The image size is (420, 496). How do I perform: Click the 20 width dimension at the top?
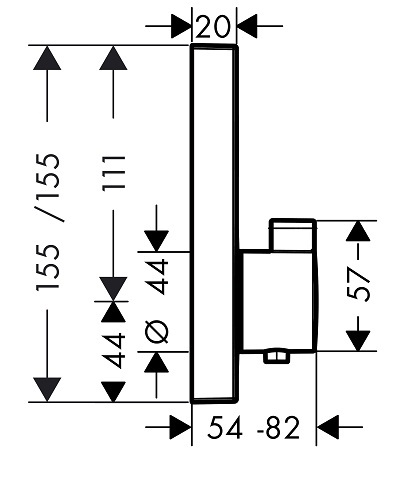(213, 26)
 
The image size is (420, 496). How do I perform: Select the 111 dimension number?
(114, 173)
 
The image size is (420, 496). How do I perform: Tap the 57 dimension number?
(358, 285)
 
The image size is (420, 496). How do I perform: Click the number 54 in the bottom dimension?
(224, 427)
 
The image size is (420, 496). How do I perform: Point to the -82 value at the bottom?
(279, 427)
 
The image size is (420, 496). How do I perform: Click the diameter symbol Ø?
(157, 332)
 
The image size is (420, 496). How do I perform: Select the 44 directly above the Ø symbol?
(157, 276)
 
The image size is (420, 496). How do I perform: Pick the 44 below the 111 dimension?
(114, 350)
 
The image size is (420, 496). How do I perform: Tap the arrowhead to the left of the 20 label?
(181, 26)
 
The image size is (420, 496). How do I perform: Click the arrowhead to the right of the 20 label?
(247, 26)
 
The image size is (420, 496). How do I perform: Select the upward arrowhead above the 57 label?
(358, 230)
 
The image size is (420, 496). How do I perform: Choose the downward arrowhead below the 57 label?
(358, 341)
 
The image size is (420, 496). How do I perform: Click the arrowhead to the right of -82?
(327, 427)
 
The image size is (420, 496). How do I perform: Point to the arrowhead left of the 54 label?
(181, 427)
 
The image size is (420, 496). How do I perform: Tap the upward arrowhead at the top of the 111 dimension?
(113, 57)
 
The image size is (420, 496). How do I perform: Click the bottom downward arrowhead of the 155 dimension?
(47, 390)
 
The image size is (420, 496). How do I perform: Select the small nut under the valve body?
(277, 357)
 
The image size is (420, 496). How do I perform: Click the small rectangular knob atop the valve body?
(293, 235)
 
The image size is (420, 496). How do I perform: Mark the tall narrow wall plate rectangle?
(214, 223)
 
